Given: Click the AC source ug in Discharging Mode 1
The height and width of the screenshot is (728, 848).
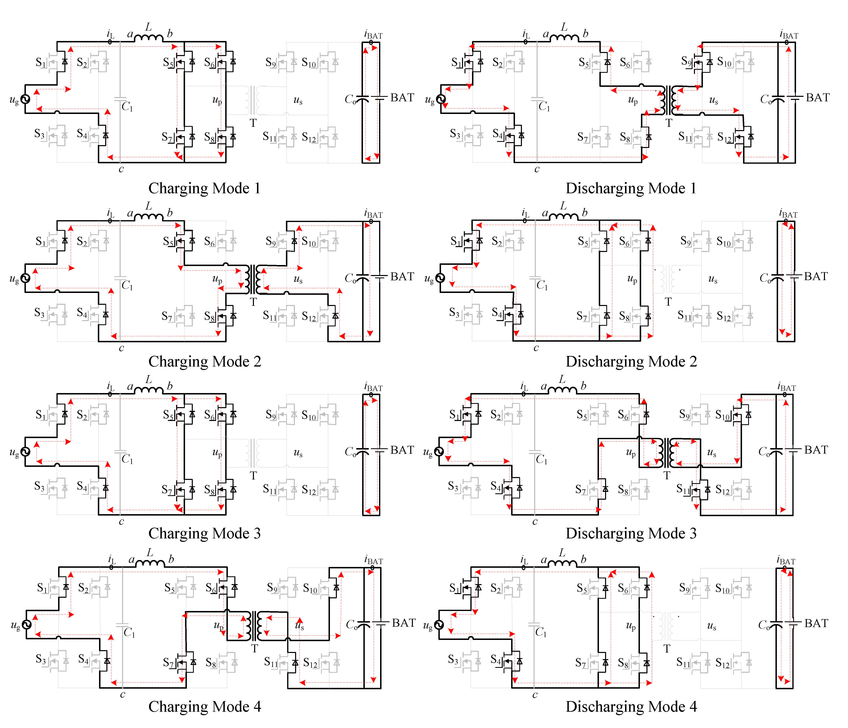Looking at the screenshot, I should [x=441, y=99].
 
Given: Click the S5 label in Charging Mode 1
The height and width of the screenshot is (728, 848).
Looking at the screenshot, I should [x=168, y=62].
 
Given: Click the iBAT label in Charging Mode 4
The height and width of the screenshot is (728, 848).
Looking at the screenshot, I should [x=373, y=560].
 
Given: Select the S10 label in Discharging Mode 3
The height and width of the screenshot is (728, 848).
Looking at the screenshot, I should [x=723, y=415].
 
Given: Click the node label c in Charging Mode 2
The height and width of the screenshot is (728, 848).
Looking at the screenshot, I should [x=121, y=348].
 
